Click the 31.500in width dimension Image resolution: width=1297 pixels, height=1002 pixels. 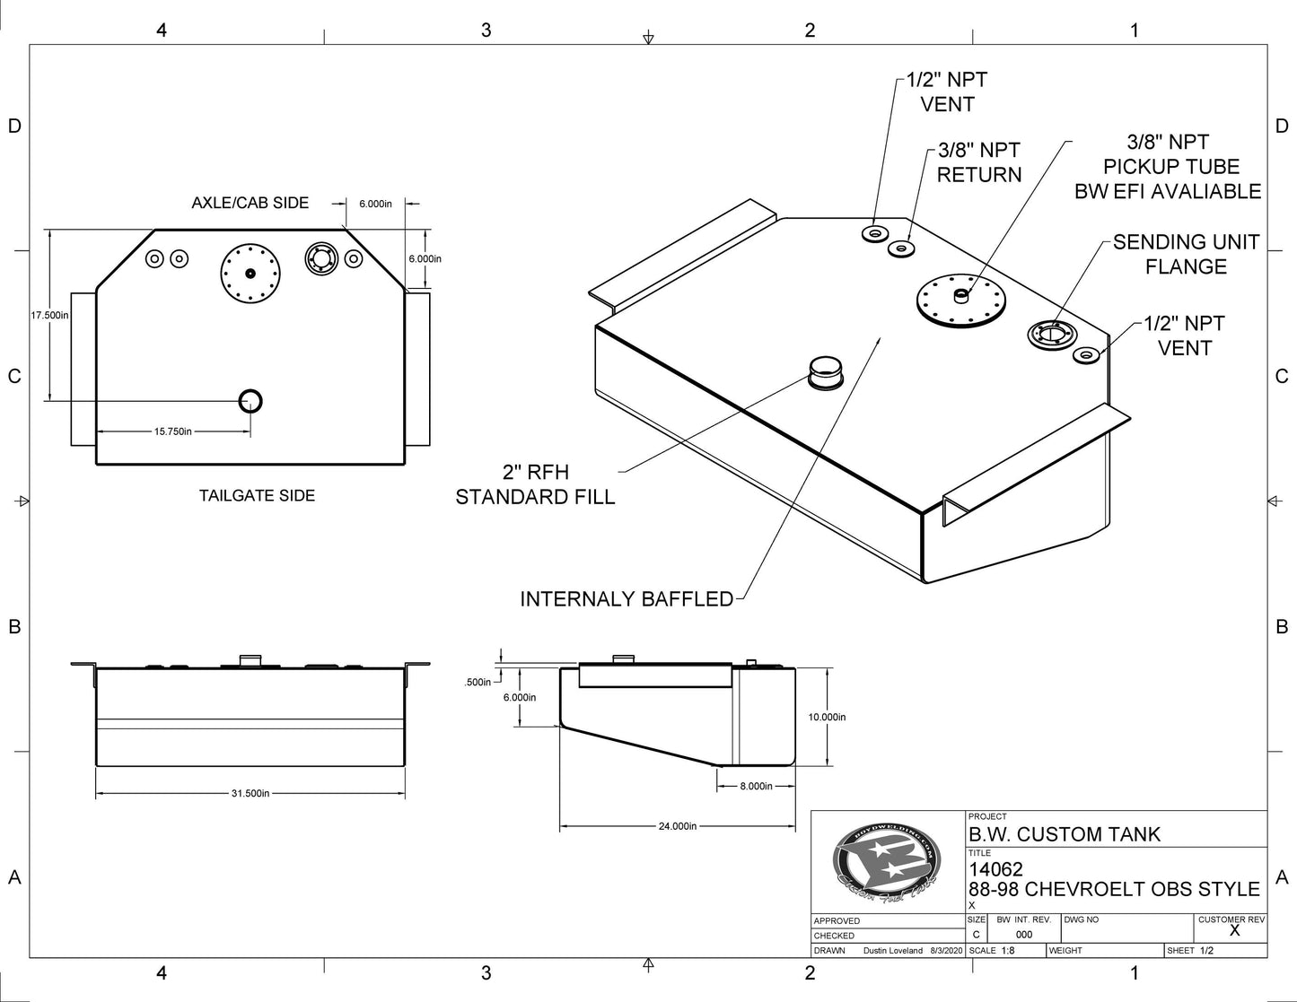250,793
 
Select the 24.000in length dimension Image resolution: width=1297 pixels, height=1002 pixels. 677,826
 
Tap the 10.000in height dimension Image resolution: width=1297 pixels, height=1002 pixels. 827,717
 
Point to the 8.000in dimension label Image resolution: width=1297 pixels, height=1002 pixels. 756,786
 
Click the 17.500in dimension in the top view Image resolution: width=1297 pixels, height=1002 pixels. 49,315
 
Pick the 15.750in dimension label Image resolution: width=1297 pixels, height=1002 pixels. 173,431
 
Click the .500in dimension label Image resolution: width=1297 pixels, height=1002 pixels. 478,682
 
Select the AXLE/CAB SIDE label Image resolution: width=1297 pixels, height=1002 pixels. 250,203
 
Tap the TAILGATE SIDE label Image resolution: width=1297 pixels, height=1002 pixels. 257,495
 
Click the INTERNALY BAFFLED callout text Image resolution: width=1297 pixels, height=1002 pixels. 627,598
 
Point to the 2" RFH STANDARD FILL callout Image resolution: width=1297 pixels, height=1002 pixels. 535,484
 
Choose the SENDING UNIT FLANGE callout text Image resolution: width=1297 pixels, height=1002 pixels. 1186,254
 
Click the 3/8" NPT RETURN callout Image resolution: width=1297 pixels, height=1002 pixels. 979,162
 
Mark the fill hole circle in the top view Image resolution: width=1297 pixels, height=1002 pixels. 250,400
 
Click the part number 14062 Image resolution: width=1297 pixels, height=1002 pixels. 995,869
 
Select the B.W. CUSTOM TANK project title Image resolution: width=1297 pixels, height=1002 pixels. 1064,834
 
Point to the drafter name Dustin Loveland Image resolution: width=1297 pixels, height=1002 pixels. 892,950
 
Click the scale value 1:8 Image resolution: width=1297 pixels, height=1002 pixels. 1007,950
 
